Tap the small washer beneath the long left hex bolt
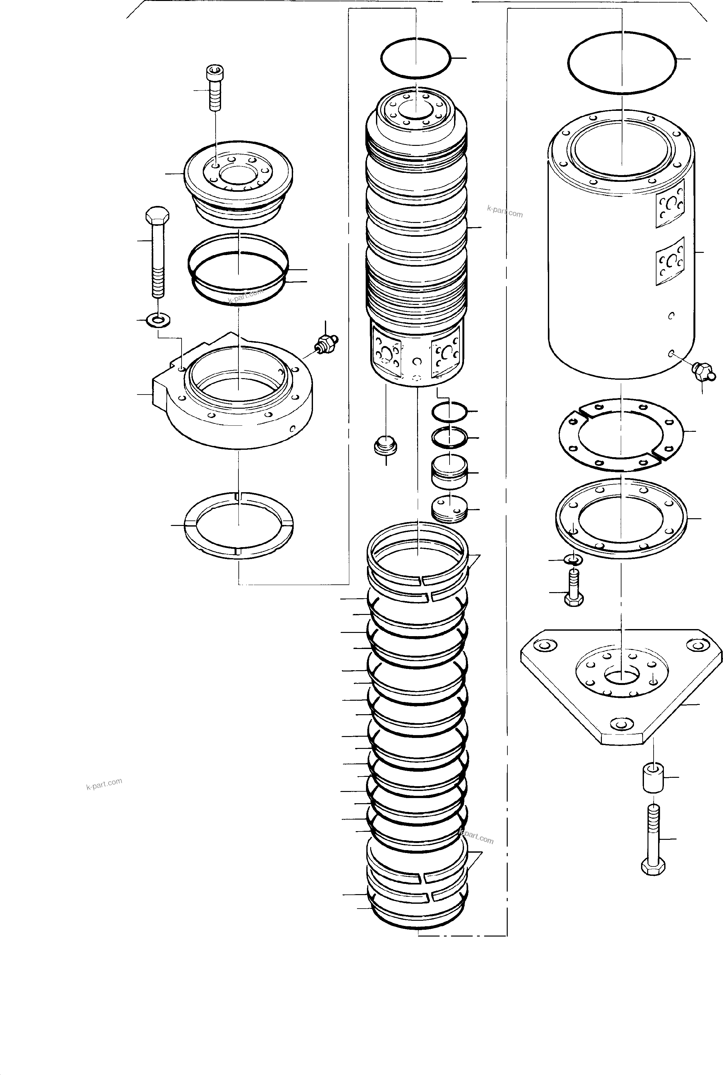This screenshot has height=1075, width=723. [158, 319]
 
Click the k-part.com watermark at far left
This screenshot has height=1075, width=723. [104, 784]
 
